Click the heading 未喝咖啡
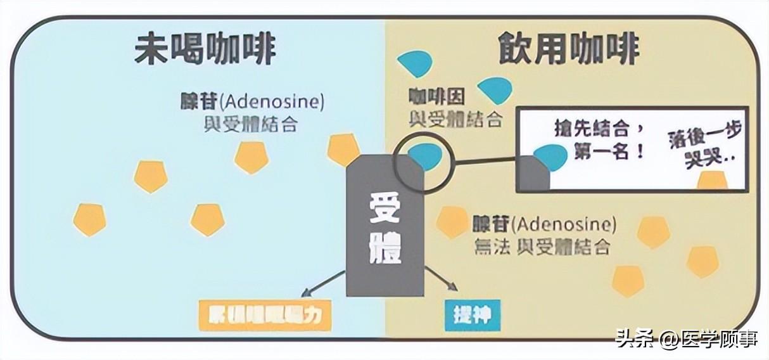pyautogui.click(x=205, y=49)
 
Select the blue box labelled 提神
pyautogui.click(x=473, y=315)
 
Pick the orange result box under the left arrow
pyautogui.click(x=265, y=316)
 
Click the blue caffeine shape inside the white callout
pyautogui.click(x=550, y=157)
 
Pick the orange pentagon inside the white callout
pyautogui.click(x=713, y=181)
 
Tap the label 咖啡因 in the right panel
pyautogui.click(x=436, y=96)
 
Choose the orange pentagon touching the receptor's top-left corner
pyautogui.click(x=344, y=150)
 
